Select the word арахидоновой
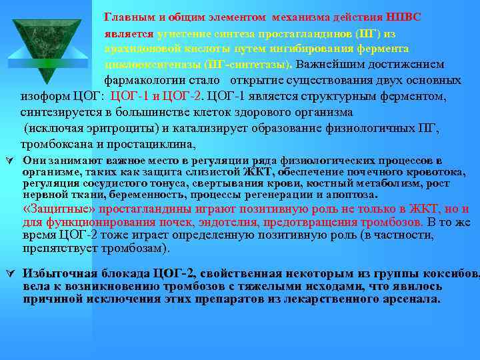pos(137,49)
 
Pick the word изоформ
pos(42,97)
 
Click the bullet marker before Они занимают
pos(9,160)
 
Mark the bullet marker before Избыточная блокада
pos(9,273)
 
